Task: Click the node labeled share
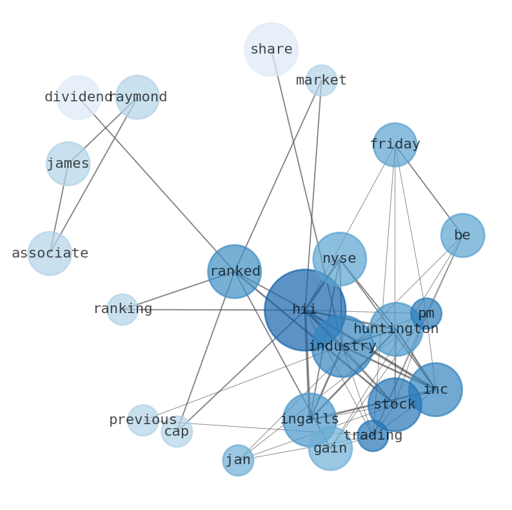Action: click(271, 49)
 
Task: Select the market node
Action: click(321, 81)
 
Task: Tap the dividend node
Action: click(79, 97)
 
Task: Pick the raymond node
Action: click(137, 97)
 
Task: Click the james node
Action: click(68, 163)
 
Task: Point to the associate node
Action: click(50, 253)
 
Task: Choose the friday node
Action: click(395, 145)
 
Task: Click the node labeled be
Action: click(462, 235)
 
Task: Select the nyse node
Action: click(339, 259)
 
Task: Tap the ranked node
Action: click(234, 271)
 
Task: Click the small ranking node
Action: click(122, 309)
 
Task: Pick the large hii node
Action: click(304, 310)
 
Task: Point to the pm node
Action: click(426, 314)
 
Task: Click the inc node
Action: click(435, 389)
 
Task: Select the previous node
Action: click(143, 420)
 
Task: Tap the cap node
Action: click(176, 432)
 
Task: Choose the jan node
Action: click(238, 460)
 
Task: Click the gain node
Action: click(330, 448)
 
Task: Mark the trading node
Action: click(373, 436)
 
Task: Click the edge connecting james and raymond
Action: click(103, 130)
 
